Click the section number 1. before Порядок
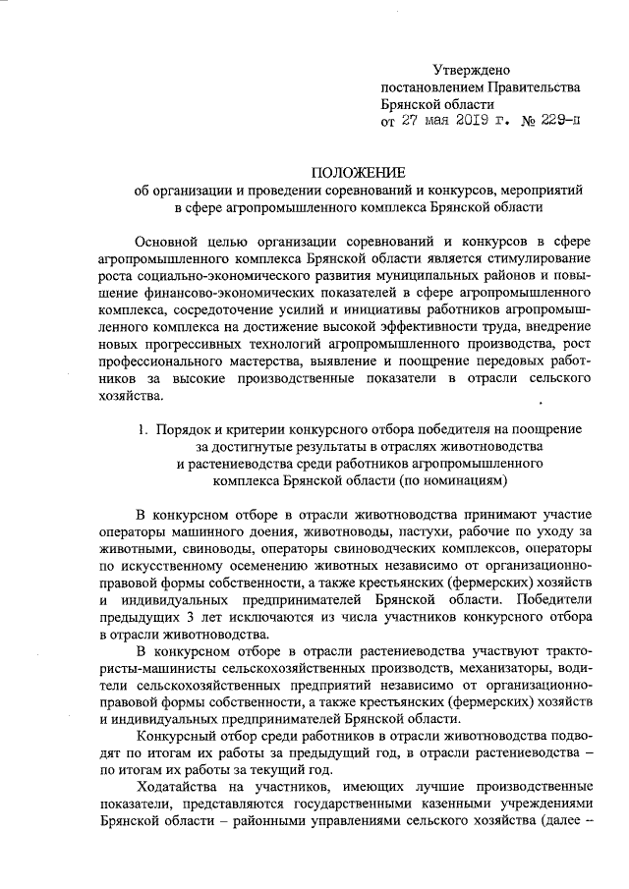[143, 429]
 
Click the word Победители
[554, 601]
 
